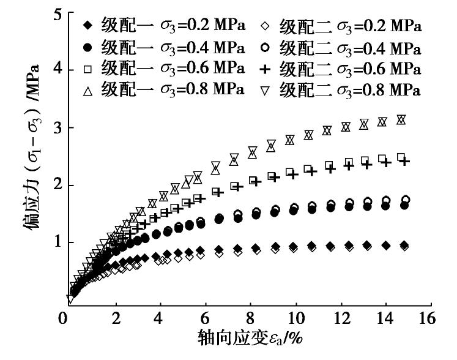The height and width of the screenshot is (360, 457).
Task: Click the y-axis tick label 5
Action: (x=56, y=13)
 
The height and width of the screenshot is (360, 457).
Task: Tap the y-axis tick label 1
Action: (x=56, y=242)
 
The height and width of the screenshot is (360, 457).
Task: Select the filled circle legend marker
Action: (x=88, y=47)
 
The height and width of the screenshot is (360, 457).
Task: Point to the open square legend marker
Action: (x=88, y=68)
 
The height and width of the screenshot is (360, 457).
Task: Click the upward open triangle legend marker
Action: (x=88, y=89)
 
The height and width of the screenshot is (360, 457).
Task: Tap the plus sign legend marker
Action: (x=264, y=68)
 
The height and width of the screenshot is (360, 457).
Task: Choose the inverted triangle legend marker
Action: (x=264, y=90)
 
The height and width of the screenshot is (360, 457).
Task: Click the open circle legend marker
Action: (x=264, y=47)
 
